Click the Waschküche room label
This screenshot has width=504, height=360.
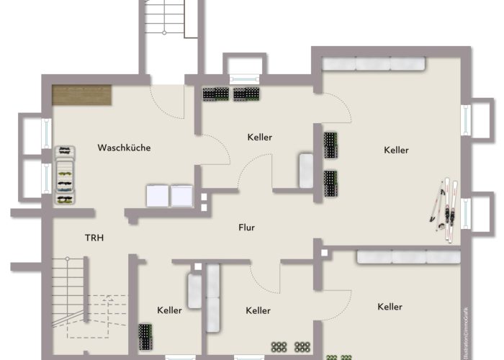point(124,148)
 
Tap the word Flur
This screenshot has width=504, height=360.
point(247,228)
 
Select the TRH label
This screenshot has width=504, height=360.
point(94,237)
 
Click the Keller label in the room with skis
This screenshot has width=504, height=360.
point(396,150)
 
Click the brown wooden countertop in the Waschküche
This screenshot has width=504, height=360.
point(81,94)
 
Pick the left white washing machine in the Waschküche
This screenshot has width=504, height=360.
point(156,195)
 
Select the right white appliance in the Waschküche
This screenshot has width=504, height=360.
point(180,195)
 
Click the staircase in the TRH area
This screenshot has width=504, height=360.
point(72,295)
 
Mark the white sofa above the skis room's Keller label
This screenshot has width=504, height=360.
point(374,64)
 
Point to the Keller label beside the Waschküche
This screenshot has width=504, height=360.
point(259,137)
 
